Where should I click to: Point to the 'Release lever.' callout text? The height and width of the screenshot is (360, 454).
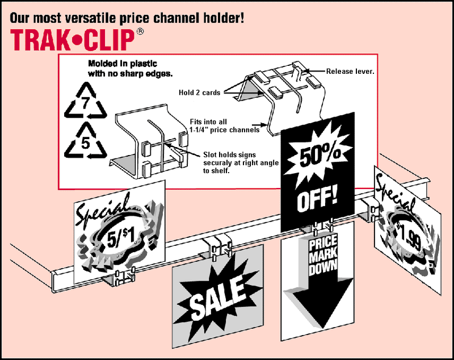tap(350, 72)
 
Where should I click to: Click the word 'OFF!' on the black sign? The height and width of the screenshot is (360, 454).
tap(317, 199)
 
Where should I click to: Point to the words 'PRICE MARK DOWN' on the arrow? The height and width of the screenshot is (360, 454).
tap(323, 256)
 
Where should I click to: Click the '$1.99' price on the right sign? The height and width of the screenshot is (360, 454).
tap(408, 233)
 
